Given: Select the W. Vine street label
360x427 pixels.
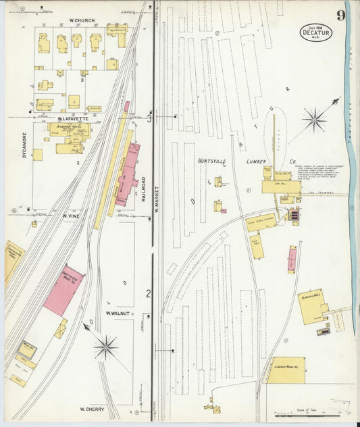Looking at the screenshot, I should point(72,216).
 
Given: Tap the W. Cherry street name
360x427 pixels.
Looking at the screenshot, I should point(91,409).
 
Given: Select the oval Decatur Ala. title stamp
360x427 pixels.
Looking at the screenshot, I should point(315,32).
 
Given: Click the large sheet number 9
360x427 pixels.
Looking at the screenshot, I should point(341,14).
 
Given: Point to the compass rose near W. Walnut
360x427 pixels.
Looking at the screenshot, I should point(105,348).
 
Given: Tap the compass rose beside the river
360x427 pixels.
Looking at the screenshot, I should point(314,121).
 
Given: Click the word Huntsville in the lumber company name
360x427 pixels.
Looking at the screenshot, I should point(215,161).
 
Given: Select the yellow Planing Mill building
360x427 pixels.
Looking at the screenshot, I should point(311,305).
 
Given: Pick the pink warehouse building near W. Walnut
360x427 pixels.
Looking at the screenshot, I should point(63,290).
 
